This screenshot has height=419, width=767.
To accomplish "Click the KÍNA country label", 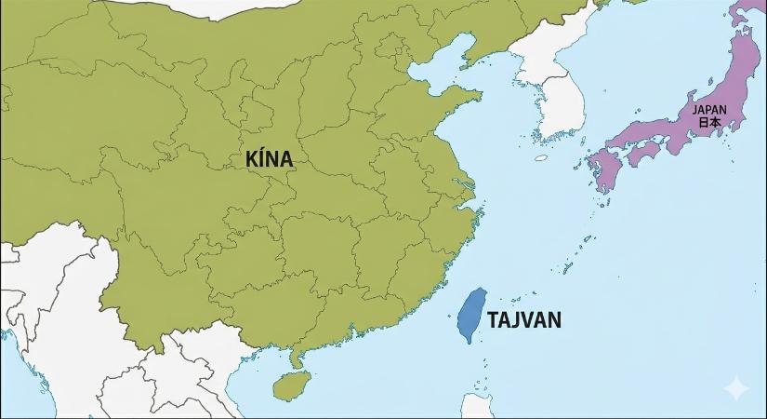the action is click(x=270, y=158).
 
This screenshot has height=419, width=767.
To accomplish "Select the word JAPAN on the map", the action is click(x=709, y=109).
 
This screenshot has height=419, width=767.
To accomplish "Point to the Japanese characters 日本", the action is click(x=709, y=122).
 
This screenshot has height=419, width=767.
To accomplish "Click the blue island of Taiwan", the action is click(x=474, y=314).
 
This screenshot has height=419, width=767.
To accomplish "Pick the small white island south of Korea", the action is click(x=541, y=158).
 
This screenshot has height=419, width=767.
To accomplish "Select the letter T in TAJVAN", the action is click(x=493, y=320).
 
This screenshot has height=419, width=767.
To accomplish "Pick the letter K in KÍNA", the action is click(x=251, y=158).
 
